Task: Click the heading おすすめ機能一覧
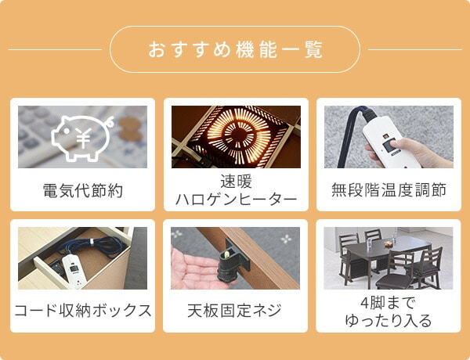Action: [x=235, y=49]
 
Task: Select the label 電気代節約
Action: [x=83, y=190]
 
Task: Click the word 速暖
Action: [x=236, y=182]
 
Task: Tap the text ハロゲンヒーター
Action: [x=236, y=200]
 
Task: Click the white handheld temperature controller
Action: [x=389, y=141]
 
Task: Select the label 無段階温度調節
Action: [x=389, y=190]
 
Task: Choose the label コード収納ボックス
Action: [x=83, y=311]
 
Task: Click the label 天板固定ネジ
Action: [x=235, y=311]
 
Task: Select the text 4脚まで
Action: [x=389, y=303]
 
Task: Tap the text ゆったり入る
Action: [x=389, y=320]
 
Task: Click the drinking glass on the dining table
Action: [x=370, y=243]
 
